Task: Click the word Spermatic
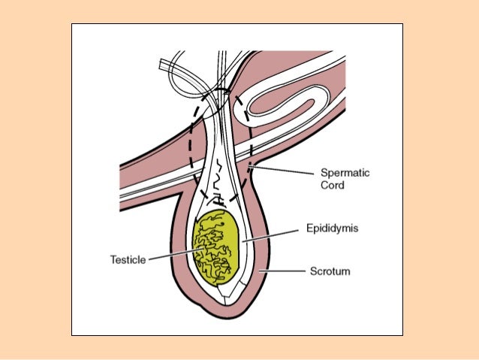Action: pyautogui.click(x=345, y=172)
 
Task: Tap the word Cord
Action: pyautogui.click(x=333, y=184)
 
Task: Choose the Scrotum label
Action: pyautogui.click(x=331, y=270)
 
